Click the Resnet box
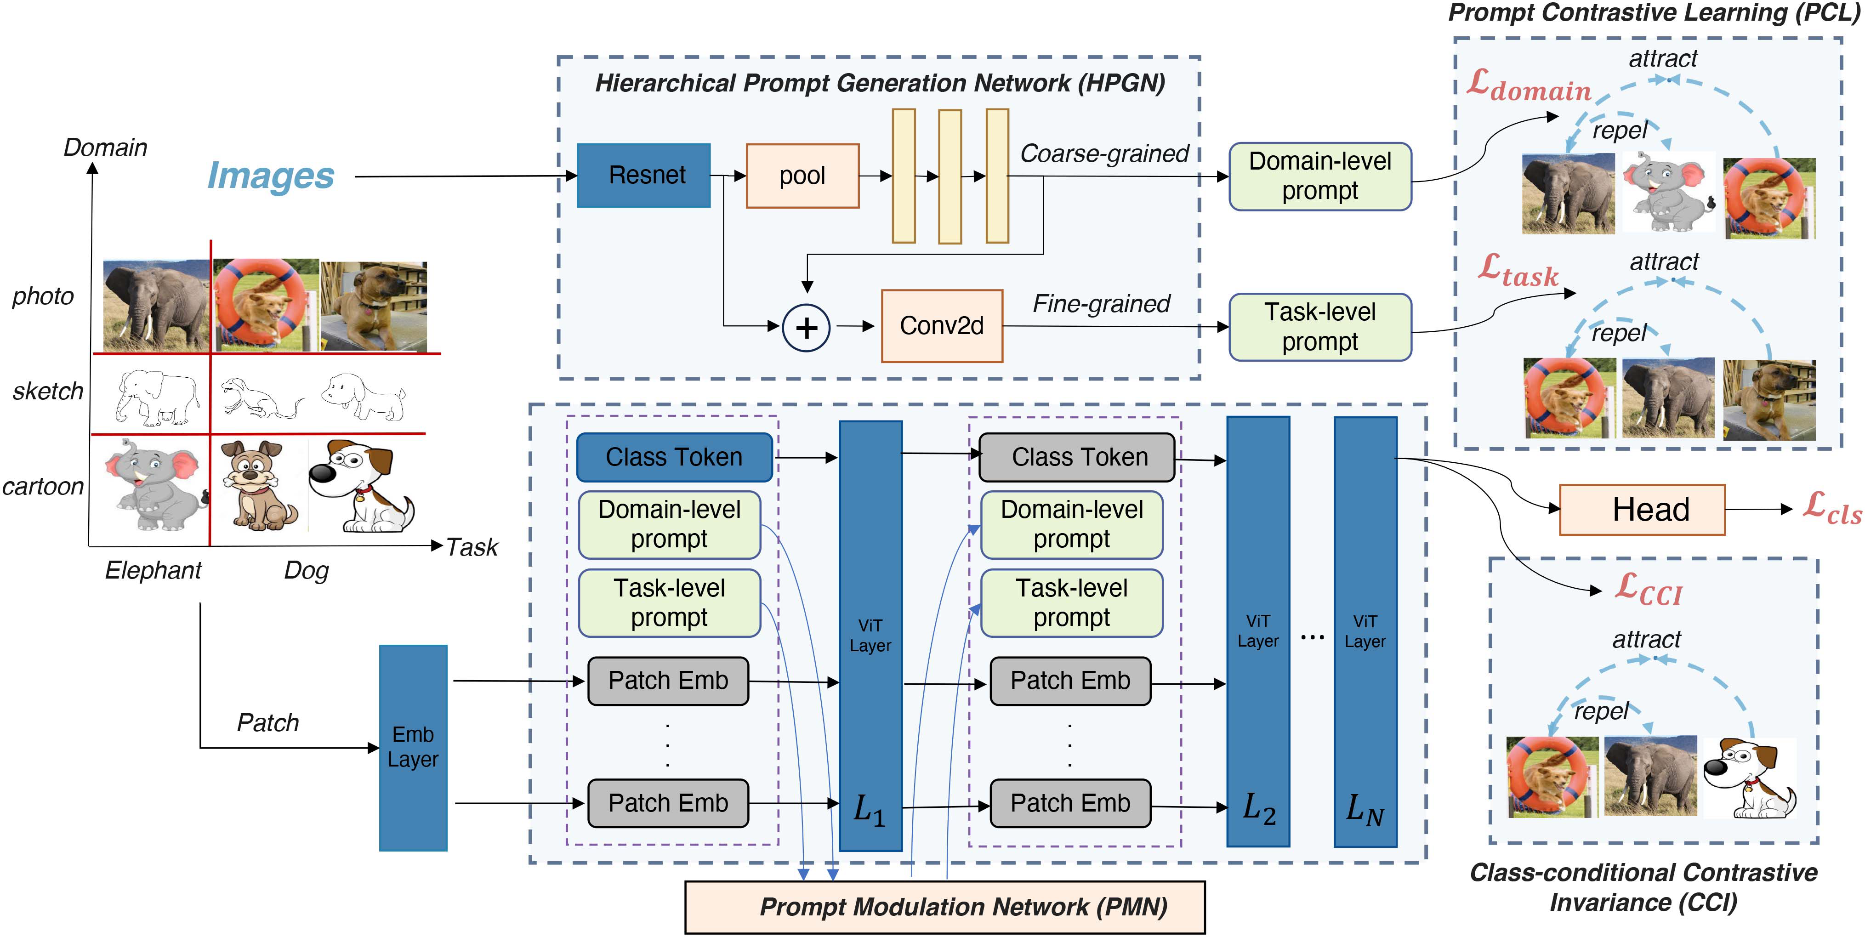coord(643,175)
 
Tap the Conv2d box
coord(941,326)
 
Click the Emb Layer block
coord(413,747)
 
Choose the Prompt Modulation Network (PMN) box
coord(945,907)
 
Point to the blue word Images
coord(271,176)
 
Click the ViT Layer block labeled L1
coord(870,635)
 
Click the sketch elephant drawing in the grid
coord(158,398)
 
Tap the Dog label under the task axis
coord(306,571)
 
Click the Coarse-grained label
coord(1104,153)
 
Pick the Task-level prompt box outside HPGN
coord(1320,327)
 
